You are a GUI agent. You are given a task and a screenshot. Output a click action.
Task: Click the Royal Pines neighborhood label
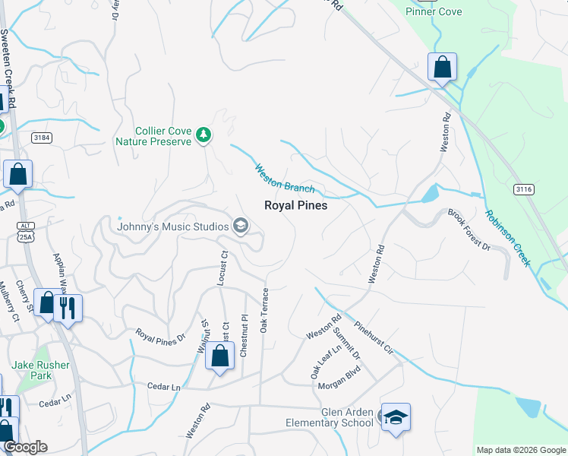click(295, 205)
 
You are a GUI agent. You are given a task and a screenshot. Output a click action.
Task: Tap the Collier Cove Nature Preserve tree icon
click(203, 135)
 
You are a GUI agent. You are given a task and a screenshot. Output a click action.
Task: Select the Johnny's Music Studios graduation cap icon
click(241, 226)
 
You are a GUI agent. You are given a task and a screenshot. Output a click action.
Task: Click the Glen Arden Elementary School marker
click(395, 419)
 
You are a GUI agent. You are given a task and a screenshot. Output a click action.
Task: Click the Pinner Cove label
click(434, 11)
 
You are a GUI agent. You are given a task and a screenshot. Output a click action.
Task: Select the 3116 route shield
click(523, 188)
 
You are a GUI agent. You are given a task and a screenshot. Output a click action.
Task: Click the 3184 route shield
click(42, 138)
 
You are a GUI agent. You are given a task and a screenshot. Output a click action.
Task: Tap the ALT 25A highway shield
click(27, 230)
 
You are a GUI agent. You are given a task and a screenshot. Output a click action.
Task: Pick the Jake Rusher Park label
click(41, 370)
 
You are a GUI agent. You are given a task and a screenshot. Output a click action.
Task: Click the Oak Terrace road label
click(265, 310)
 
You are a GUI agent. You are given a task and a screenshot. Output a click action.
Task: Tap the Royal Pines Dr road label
click(160, 334)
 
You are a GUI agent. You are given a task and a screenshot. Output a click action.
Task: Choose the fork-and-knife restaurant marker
click(68, 309)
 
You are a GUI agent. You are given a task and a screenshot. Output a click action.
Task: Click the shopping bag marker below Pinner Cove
click(442, 68)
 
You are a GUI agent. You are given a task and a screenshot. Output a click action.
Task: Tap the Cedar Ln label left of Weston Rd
click(164, 387)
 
